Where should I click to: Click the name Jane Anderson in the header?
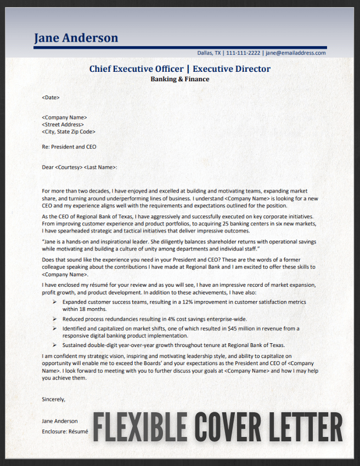[x=76, y=38]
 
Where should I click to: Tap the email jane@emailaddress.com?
[x=296, y=53]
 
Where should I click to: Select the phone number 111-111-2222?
[x=243, y=53]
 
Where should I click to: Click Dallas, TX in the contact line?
[x=209, y=53]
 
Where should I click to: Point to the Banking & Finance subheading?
[x=179, y=79]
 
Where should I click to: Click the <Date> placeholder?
[x=50, y=98]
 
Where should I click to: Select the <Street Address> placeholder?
[x=63, y=124]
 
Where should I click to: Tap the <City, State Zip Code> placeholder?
[x=69, y=132]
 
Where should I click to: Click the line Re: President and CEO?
[x=69, y=147]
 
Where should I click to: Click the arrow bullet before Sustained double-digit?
[x=54, y=345]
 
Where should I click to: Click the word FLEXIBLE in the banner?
[x=139, y=427]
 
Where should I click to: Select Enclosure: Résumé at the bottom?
[x=65, y=432]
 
